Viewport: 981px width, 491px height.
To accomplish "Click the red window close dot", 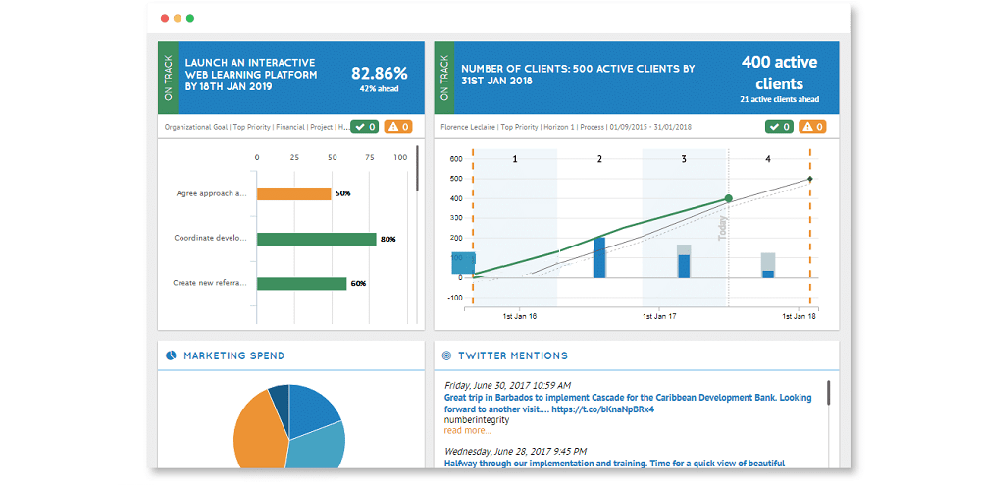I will click(x=164, y=18).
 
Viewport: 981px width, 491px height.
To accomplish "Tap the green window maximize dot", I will click(x=189, y=18).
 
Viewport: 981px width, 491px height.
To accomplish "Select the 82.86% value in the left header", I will click(x=379, y=73).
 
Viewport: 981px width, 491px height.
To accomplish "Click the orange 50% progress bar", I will click(x=293, y=193).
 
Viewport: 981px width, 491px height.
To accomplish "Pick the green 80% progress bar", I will click(x=316, y=239).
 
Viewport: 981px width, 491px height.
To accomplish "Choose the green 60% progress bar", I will click(x=301, y=284).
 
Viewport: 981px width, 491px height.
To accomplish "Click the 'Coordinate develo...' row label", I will click(x=210, y=238).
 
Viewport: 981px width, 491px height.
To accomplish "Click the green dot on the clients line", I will click(x=728, y=198).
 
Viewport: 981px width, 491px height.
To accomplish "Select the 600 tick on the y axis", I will click(x=455, y=158).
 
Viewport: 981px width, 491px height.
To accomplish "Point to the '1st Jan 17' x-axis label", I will click(x=660, y=317).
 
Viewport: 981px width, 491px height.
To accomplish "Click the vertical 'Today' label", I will click(x=723, y=229).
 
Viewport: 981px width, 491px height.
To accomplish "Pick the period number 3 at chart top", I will click(x=684, y=158).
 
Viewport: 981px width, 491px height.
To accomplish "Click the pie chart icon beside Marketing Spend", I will click(x=171, y=355).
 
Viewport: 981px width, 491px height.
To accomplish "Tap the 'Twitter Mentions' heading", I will click(x=512, y=355).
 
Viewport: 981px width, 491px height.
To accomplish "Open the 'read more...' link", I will click(x=468, y=430).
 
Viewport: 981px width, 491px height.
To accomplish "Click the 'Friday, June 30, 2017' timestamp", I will click(x=507, y=385).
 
